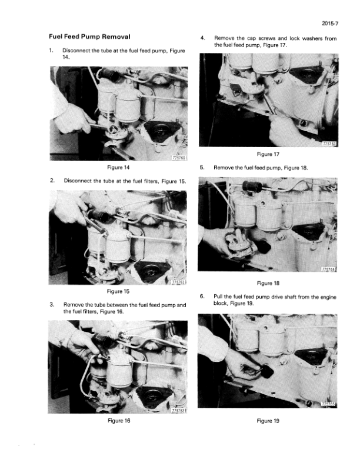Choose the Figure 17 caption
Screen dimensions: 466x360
268,154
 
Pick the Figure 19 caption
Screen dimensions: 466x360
268,421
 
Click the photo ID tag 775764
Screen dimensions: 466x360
329,269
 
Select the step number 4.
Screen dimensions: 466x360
202,38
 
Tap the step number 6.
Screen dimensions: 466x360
202,297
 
